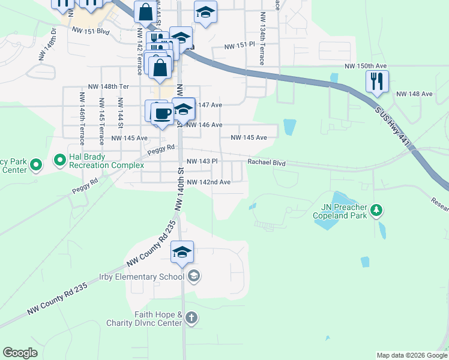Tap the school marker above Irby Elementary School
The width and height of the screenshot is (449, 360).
click(x=182, y=252)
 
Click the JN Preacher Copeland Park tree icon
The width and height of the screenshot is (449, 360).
click(x=376, y=210)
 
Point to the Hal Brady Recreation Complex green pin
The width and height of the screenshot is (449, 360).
click(x=59, y=160)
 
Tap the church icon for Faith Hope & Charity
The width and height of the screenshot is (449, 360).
click(x=191, y=318)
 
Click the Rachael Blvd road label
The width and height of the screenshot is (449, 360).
click(x=267, y=163)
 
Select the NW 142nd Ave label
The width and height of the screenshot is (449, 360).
click(x=209, y=182)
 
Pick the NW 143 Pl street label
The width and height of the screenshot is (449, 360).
click(x=201, y=161)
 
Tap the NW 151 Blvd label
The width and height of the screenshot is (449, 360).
click(x=91, y=31)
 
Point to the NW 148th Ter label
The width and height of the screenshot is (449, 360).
click(x=108, y=86)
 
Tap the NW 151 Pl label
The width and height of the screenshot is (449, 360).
click(x=240, y=46)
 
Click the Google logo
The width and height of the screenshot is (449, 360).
click(x=20, y=353)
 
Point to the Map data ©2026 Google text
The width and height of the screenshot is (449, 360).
click(x=411, y=355)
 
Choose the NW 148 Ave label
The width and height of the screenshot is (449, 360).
click(x=414, y=94)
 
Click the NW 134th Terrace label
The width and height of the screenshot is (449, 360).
click(x=262, y=47)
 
